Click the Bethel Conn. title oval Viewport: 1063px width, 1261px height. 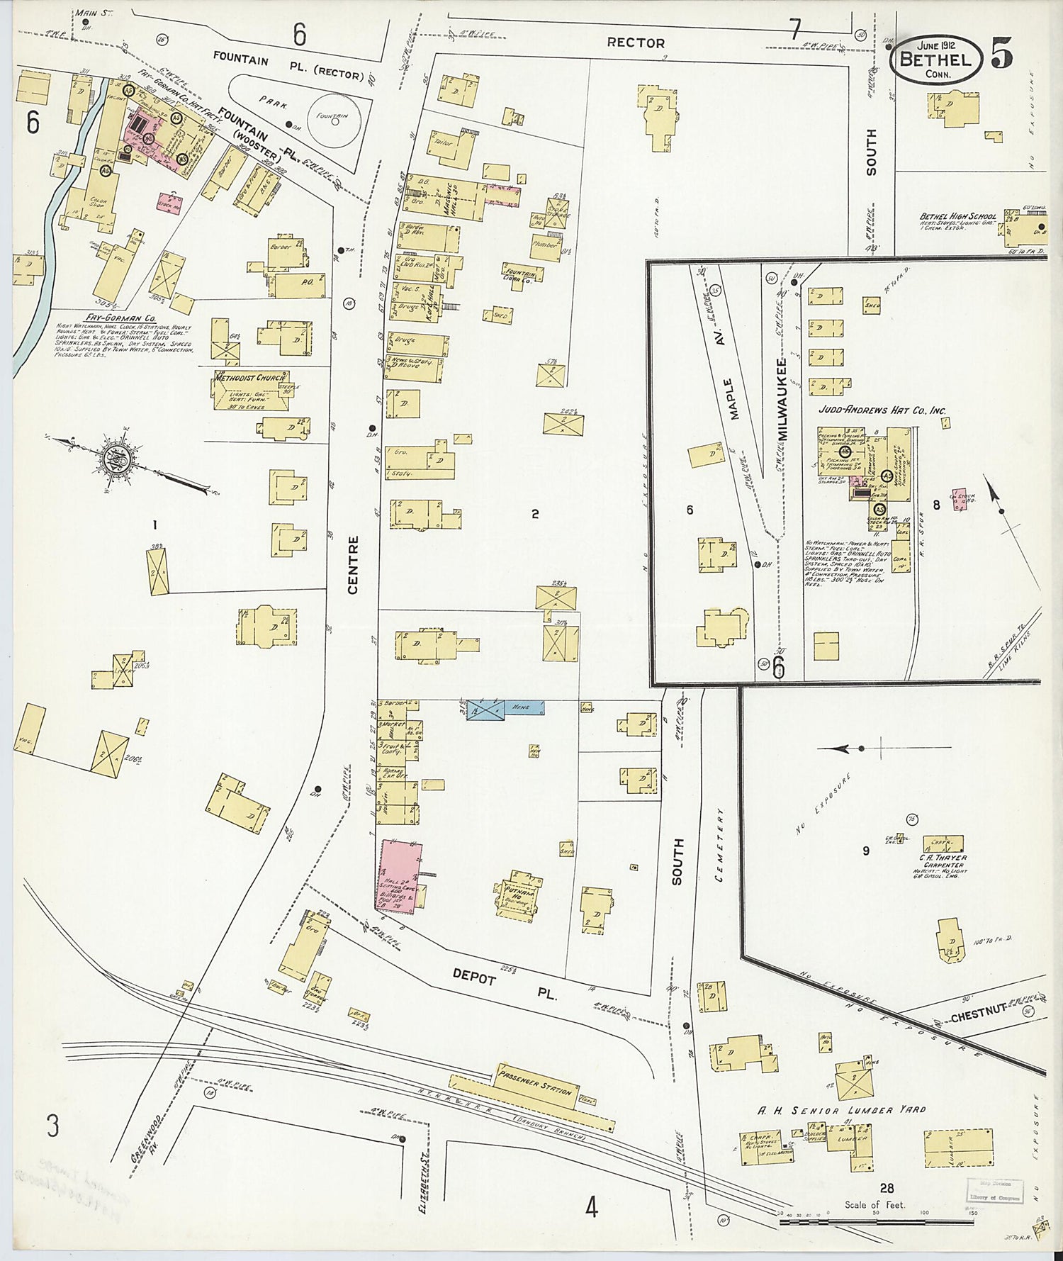click(x=935, y=59)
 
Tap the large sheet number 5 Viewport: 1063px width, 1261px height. click(x=1001, y=52)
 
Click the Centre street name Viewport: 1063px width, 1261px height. click(x=354, y=564)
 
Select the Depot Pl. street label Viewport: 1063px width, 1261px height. click(x=505, y=985)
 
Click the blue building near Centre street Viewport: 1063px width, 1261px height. click(x=505, y=708)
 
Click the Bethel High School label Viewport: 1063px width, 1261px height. click(x=957, y=217)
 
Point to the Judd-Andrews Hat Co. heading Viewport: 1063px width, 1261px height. click(x=882, y=410)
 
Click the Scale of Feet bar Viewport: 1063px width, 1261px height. click(x=876, y=1222)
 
